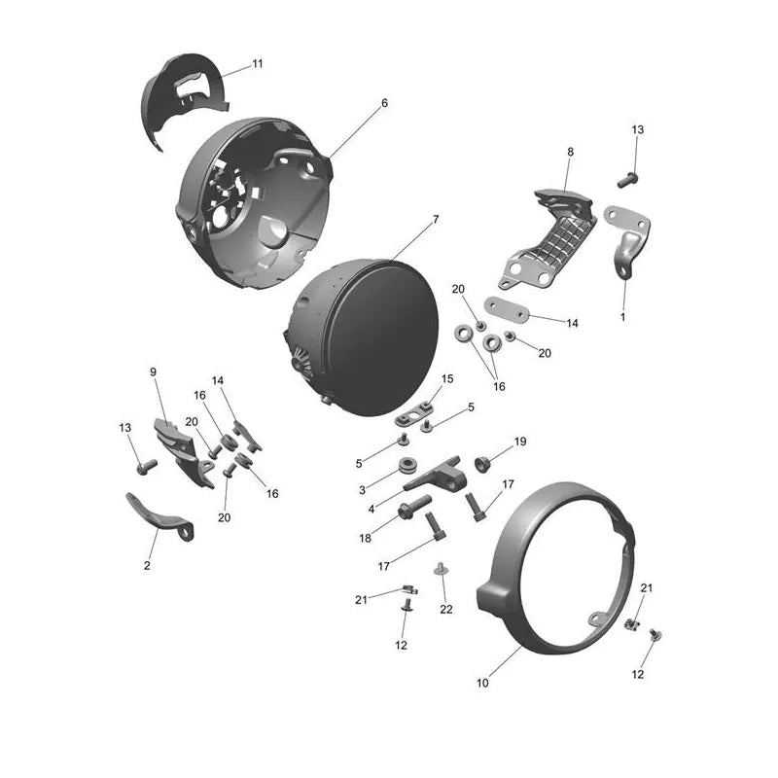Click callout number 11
click(257, 64)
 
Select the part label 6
click(384, 103)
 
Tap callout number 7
click(436, 220)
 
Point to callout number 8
click(570, 152)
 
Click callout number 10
click(482, 683)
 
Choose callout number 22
click(446, 610)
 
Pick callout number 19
click(520, 442)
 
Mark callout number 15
click(447, 379)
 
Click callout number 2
click(147, 565)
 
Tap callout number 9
click(153, 371)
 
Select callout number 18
click(366, 539)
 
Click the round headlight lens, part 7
click(364, 336)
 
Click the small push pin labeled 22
click(440, 569)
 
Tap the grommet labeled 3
click(408, 466)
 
